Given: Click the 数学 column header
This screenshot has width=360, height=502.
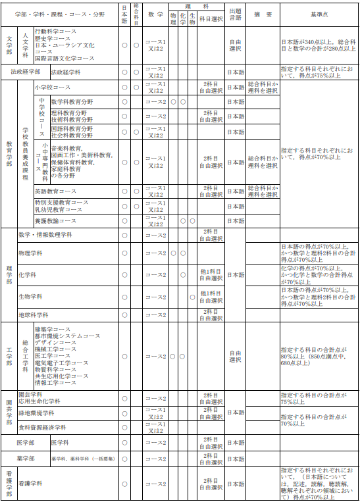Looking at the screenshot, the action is pyautogui.click(x=155, y=14).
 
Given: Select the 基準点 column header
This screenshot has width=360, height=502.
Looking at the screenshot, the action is pyautogui.click(x=319, y=14).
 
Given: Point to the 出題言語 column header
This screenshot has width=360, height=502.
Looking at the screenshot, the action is pyautogui.click(x=235, y=14).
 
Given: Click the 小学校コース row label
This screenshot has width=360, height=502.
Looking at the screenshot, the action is pyautogui.click(x=53, y=87).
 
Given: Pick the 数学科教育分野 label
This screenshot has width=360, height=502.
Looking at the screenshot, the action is pyautogui.click(x=72, y=102).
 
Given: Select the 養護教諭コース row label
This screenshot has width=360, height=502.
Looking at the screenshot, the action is pyautogui.click(x=56, y=220).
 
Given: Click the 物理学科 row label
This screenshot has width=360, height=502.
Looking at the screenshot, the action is pyautogui.click(x=32, y=253).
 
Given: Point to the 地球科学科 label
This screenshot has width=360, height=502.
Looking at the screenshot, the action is pyautogui.click(x=34, y=314).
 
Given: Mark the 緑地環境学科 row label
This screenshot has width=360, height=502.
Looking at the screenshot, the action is pyautogui.click(x=36, y=413).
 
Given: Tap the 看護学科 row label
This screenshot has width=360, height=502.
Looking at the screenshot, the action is pyautogui.click(x=30, y=484).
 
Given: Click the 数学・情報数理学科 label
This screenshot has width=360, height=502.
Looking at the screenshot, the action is pyautogui.click(x=46, y=235).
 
